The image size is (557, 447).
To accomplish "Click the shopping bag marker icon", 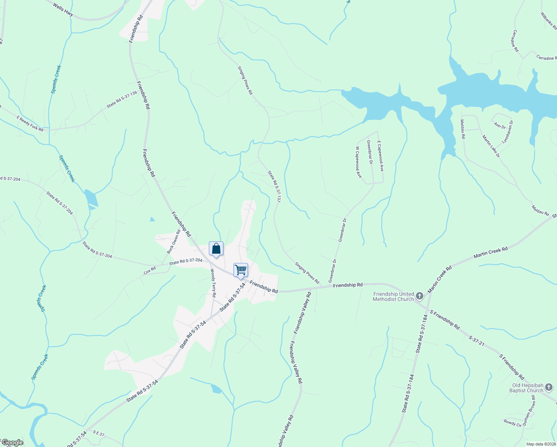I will (216, 249).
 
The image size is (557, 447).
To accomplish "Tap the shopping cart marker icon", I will (241, 270).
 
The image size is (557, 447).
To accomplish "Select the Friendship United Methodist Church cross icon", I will (420, 296).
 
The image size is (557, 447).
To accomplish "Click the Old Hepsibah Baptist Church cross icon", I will (549, 388).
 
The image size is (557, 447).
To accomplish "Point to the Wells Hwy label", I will (63, 10).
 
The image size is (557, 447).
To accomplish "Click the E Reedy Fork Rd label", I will (30, 124).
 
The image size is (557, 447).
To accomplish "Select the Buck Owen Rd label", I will (174, 242).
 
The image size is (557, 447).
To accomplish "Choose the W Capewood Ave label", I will (358, 162).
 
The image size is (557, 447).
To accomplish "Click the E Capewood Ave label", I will (380, 156).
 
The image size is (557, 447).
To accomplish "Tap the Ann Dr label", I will (500, 126).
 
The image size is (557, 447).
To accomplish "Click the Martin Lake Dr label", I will (491, 146).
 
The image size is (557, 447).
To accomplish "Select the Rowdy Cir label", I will (513, 423).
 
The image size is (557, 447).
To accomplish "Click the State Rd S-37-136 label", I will (122, 100).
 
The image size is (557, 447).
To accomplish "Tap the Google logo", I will (12, 443).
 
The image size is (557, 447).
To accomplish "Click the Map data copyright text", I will (541, 444).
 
